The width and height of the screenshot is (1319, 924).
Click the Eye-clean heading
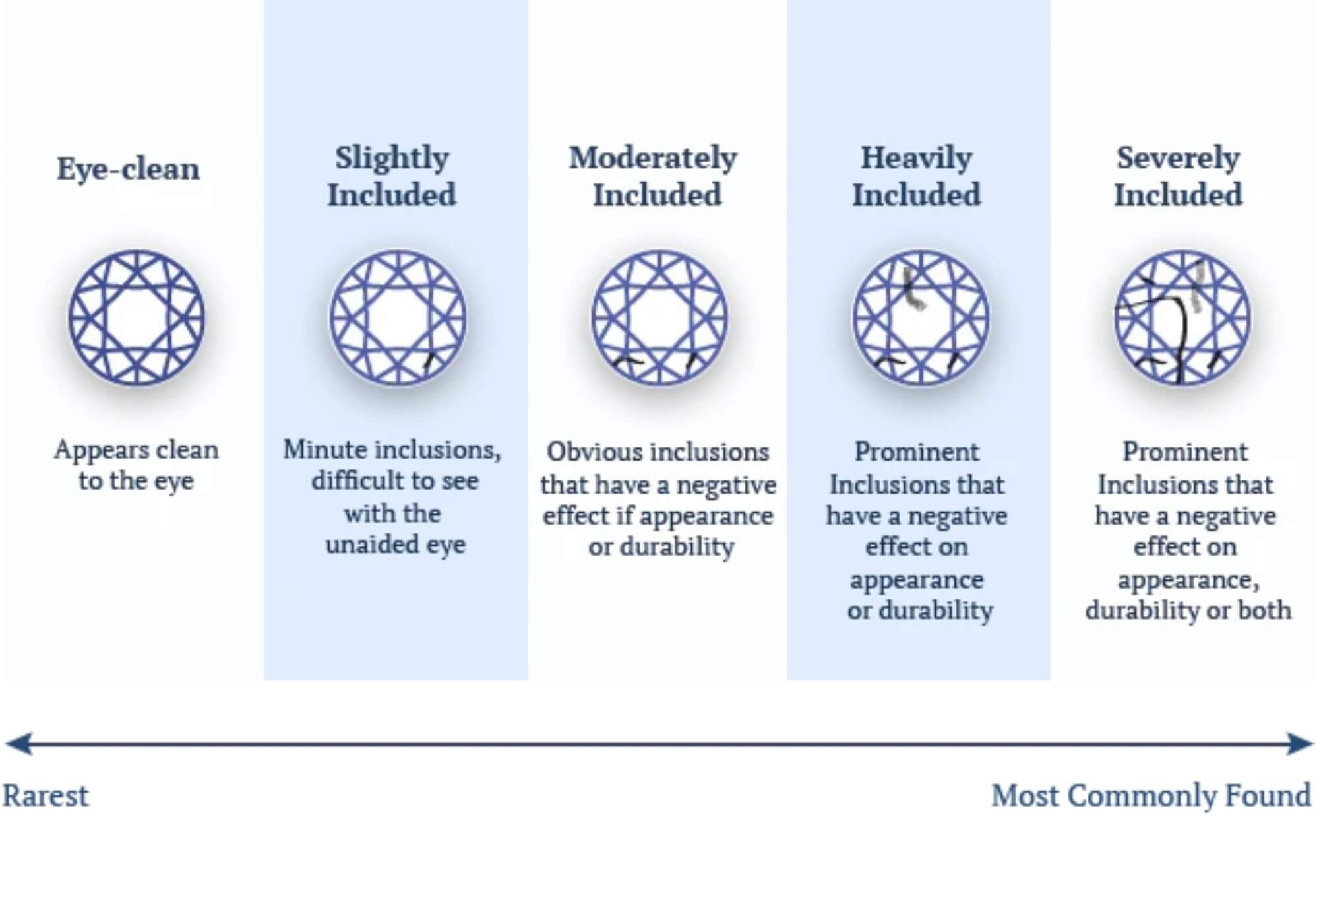pos(128,170)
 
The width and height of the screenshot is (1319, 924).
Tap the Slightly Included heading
pos(392,176)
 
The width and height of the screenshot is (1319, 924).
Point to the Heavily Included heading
pos(917,176)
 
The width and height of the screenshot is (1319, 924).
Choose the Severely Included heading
pos(1178,176)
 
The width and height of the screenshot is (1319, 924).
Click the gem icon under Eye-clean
pos(137,317)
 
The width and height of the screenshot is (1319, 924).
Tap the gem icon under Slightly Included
pos(398,317)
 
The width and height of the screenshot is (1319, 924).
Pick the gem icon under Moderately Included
pos(659,317)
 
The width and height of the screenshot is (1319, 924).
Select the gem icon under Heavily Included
pos(921,317)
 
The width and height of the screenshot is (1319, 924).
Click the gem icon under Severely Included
pos(1182,317)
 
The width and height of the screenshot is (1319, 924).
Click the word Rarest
pos(46,796)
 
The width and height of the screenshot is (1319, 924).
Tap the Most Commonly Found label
pos(1151,796)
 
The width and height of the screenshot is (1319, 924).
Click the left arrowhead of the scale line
pos(18,744)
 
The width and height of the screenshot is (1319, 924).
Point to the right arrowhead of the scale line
pos(1301,744)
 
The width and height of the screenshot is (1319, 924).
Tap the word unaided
pos(371,545)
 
